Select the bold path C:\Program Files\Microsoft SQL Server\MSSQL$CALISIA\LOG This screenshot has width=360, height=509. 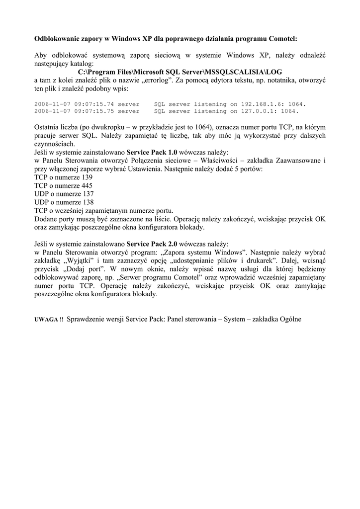(x=180, y=72)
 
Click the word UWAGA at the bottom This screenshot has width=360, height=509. (x=46, y=319)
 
